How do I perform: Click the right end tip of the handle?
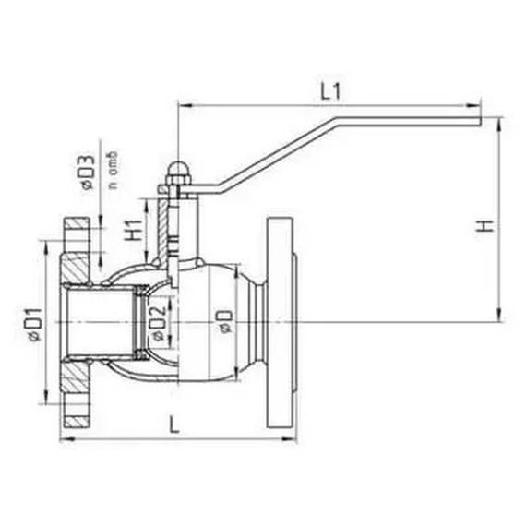[x=480, y=121]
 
